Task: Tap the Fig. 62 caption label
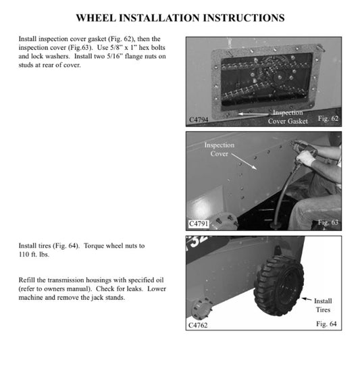click(329, 119)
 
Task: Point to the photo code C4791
click(201, 223)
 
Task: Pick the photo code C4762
click(201, 326)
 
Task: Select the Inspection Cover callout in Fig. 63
click(220, 149)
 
